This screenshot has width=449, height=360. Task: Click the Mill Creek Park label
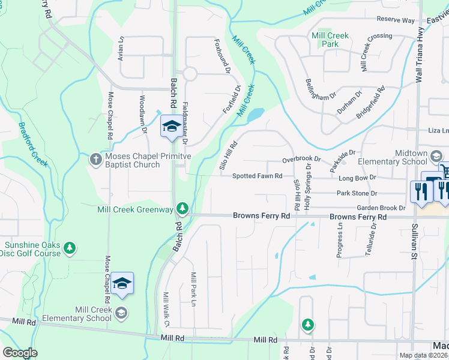330,40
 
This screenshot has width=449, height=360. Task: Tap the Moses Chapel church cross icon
95,159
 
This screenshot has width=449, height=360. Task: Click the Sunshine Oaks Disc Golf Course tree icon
70,247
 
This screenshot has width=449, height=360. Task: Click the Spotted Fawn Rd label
258,176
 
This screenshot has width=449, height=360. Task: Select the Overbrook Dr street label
303,161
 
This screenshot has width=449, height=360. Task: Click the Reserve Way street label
396,20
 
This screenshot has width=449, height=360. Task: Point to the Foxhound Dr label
223,56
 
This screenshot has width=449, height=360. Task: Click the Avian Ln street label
121,47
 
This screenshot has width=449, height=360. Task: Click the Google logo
20,353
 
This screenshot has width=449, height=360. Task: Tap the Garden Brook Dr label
381,208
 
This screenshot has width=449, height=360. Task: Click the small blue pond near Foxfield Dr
255,114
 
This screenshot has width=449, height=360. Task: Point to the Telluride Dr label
373,238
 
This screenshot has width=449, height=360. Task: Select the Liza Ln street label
438,131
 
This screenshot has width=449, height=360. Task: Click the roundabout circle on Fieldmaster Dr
190,74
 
